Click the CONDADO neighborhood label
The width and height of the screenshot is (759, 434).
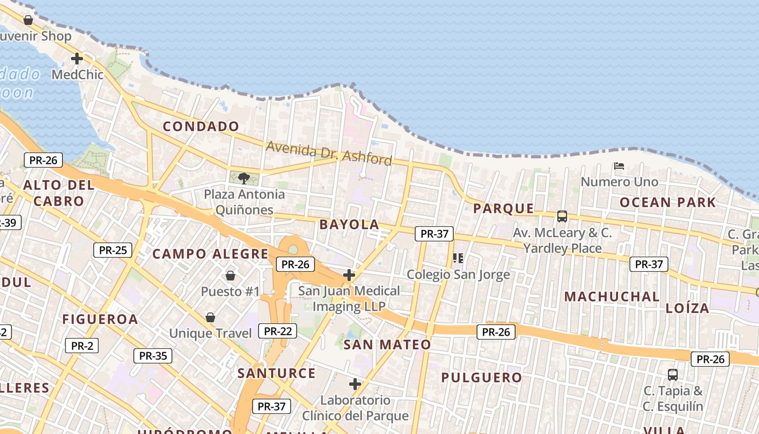201,126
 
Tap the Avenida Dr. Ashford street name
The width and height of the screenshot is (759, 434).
329,152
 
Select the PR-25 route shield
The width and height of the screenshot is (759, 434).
113,250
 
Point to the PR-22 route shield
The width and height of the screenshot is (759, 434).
278,331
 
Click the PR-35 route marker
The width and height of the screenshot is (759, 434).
153,356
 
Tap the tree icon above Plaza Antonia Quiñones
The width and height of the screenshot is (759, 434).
244,178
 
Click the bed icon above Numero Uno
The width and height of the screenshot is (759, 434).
619,165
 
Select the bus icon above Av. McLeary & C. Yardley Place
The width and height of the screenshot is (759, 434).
562,216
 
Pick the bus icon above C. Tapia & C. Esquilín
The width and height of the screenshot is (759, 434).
673,374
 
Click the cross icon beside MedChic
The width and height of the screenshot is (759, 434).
77,58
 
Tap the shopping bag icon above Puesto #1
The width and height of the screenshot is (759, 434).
230,276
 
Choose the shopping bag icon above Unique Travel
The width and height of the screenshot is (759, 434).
210,317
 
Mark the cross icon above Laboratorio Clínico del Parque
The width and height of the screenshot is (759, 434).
355,384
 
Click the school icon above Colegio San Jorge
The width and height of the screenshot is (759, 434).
458,258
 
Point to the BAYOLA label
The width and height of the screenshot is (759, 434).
349,225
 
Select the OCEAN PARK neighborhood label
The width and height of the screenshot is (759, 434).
668,203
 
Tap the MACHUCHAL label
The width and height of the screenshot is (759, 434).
612,297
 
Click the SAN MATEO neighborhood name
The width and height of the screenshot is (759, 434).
387,344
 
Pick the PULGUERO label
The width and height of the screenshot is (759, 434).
481,378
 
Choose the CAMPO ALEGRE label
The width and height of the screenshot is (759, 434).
210,254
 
